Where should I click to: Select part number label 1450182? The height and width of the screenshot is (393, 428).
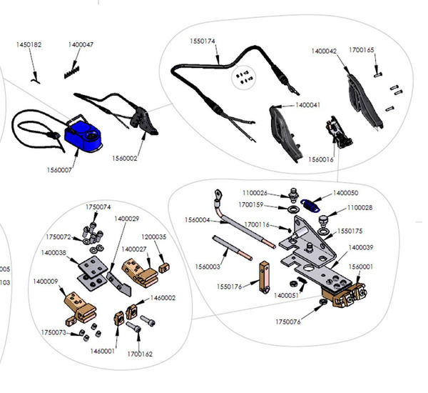29,44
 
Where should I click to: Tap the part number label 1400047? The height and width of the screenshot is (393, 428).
81,44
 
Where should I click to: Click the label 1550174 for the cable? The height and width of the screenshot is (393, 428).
201,41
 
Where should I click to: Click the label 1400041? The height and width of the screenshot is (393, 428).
308,105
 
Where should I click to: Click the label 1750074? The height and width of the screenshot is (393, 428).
98,207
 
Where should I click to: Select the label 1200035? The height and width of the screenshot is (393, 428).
153,237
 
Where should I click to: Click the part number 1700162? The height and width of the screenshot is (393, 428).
140,353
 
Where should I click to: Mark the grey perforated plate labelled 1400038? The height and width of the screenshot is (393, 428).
89,271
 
